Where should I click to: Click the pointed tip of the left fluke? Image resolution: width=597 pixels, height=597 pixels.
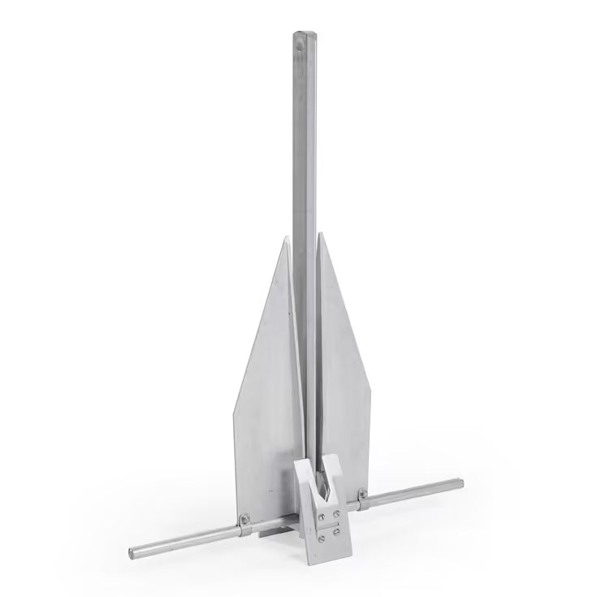pos(286,237)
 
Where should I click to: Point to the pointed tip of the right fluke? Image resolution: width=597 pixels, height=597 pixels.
pos(320,234)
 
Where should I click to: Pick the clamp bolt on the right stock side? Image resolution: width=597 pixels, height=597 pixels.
pos(362,493)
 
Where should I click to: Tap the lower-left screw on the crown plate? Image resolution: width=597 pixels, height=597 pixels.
pos(321,537)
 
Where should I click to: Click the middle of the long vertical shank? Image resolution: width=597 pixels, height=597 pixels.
pos(303,244)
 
